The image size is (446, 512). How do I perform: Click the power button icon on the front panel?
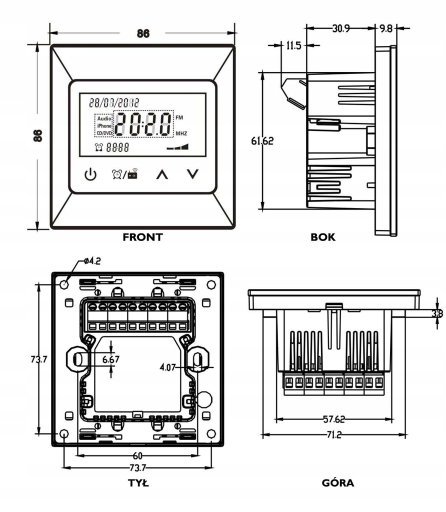point(90,174)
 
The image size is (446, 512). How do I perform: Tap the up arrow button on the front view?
point(162,174)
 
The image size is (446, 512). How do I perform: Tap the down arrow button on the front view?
point(192,174)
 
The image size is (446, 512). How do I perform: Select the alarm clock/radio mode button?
point(124,174)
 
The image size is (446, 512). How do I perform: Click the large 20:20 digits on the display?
point(143,124)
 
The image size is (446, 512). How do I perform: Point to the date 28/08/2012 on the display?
point(114,102)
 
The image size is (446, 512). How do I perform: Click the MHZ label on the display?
point(181,133)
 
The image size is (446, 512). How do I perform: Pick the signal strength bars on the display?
point(177,146)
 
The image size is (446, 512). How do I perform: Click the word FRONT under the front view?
point(142,237)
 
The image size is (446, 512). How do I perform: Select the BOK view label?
point(323,237)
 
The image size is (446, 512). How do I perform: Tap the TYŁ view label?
point(138,482)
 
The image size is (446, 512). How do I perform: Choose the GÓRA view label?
point(338,482)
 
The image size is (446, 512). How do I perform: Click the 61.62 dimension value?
point(262,140)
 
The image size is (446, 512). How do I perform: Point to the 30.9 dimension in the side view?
point(341,28)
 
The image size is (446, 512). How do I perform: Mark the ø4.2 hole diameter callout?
point(92,261)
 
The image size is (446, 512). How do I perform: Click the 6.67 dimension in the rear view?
point(110,359)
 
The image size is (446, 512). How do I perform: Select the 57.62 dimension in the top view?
point(334,419)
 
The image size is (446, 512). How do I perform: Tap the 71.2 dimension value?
point(334,434)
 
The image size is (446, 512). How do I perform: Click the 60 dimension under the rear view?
point(137,455)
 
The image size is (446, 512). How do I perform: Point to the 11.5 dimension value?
point(293,45)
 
